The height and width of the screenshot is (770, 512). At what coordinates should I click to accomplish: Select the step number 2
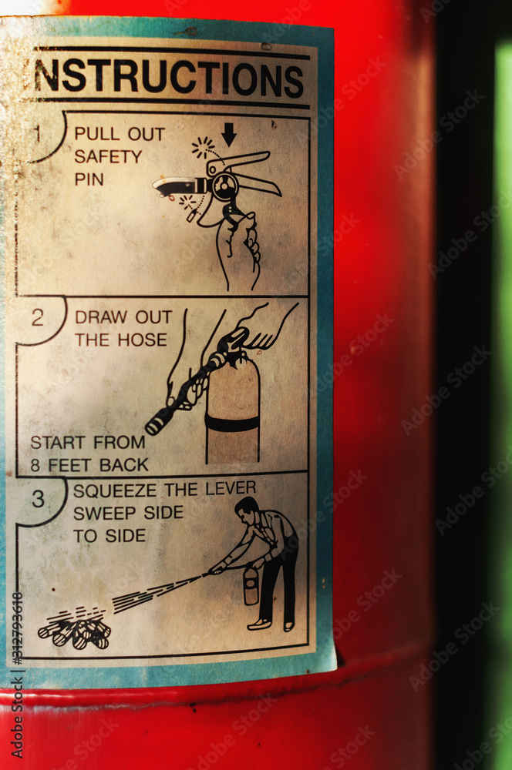pyautogui.click(x=38, y=318)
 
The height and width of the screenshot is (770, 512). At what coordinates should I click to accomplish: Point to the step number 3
pyautogui.click(x=39, y=500)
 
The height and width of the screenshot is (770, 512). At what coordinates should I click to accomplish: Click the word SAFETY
pyautogui.click(x=108, y=156)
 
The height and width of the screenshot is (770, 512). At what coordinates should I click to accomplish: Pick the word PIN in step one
pyautogui.click(x=89, y=179)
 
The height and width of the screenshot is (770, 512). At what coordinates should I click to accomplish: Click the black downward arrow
pyautogui.click(x=229, y=134)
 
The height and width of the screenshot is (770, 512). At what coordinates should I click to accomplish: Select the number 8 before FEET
pyautogui.click(x=35, y=465)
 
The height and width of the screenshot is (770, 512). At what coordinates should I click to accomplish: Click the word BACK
pyautogui.click(x=124, y=464)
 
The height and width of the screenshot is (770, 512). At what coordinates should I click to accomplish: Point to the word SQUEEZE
pyautogui.click(x=115, y=490)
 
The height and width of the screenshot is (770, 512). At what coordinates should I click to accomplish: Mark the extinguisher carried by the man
pyautogui.click(x=251, y=586)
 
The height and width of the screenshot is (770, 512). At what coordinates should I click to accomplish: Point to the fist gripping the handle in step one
pyautogui.click(x=238, y=243)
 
